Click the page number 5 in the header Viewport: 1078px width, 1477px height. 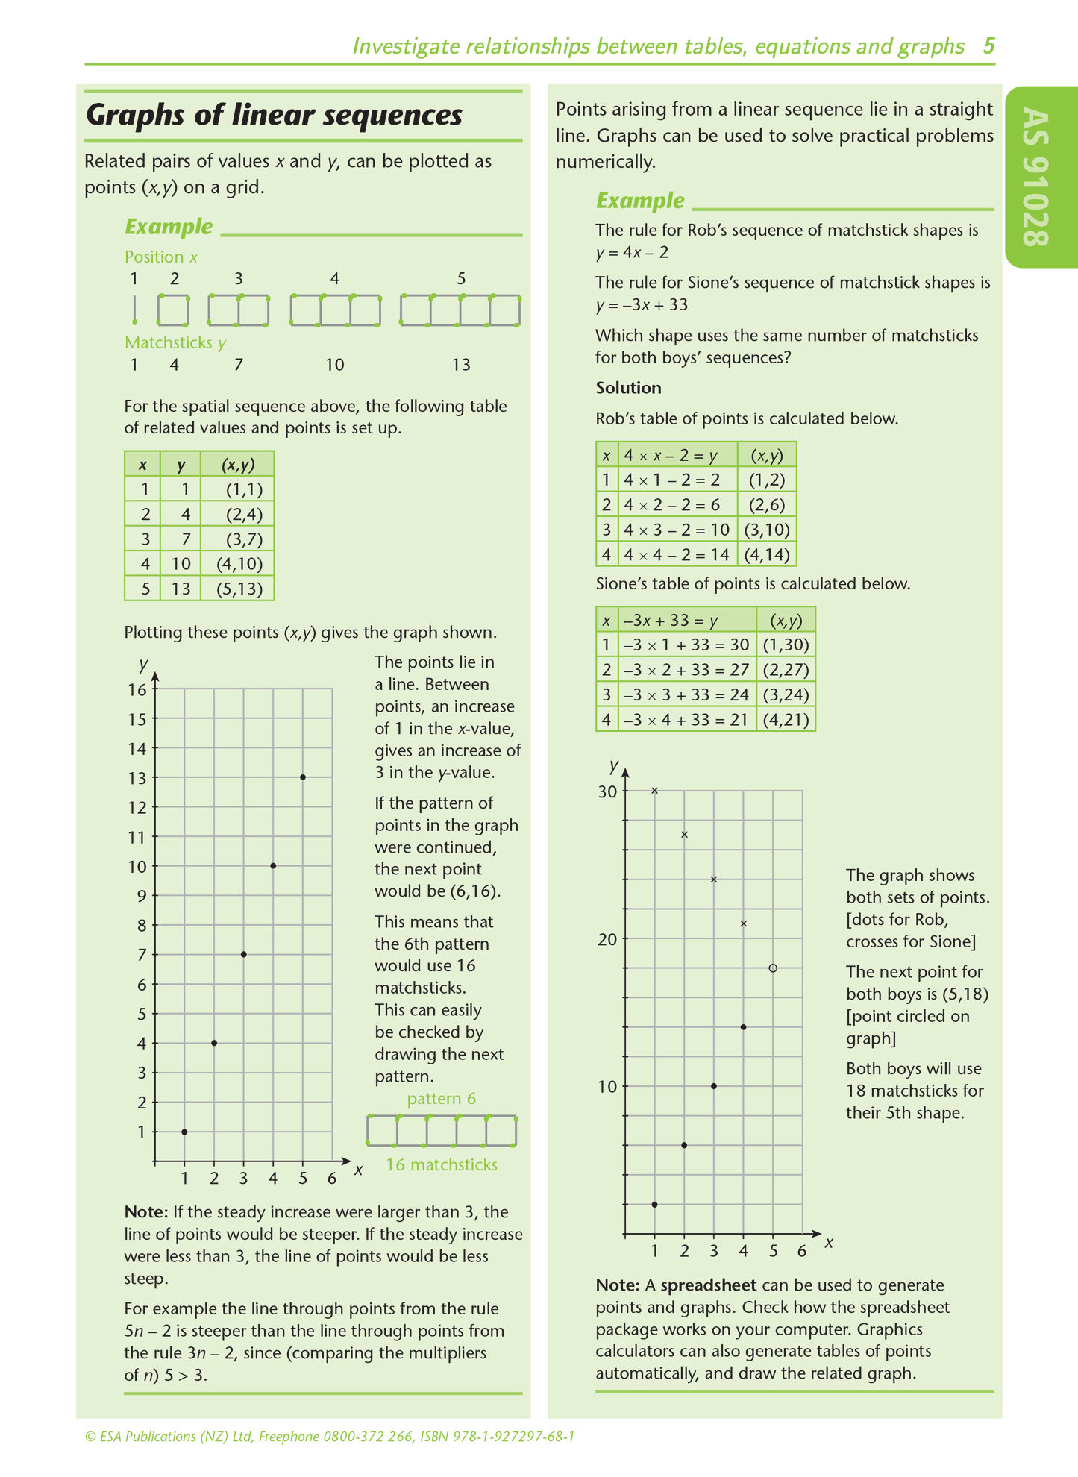click(x=988, y=46)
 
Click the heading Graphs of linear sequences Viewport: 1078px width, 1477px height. click(x=274, y=116)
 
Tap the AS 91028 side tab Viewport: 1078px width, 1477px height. click(x=1038, y=177)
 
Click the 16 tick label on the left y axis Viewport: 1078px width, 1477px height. click(x=137, y=689)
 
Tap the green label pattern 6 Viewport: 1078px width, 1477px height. click(x=441, y=1099)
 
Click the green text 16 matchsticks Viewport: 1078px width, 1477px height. click(x=441, y=1164)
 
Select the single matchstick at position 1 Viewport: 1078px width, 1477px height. click(x=134, y=310)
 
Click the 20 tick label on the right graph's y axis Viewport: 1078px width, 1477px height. click(x=608, y=938)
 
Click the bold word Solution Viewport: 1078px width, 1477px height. click(x=628, y=388)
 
